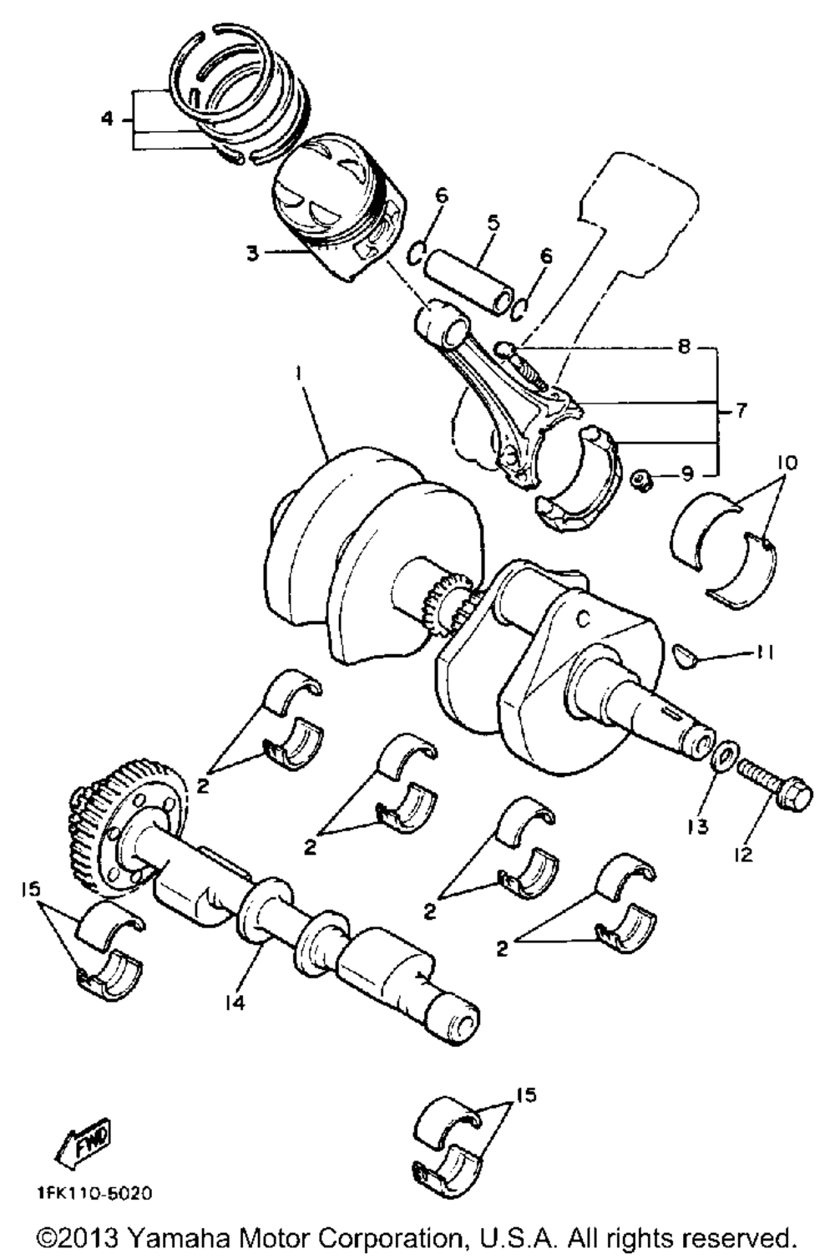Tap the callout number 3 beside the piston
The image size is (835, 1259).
point(253,252)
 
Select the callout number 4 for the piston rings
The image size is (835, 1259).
point(107,119)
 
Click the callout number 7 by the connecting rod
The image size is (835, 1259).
point(741,410)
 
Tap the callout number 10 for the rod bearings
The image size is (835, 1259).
point(788,462)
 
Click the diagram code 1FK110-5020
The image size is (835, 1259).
point(94,1193)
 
